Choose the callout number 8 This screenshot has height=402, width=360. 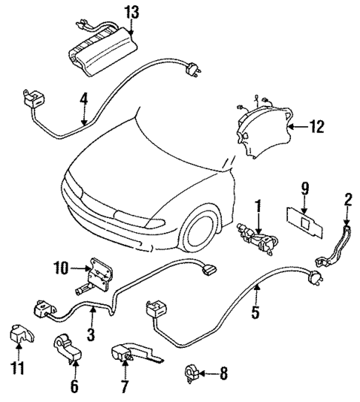pyautogui.click(x=223, y=372)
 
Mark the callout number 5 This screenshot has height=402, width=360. pyautogui.click(x=255, y=314)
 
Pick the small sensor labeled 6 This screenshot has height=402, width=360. pyautogui.click(x=65, y=349)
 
